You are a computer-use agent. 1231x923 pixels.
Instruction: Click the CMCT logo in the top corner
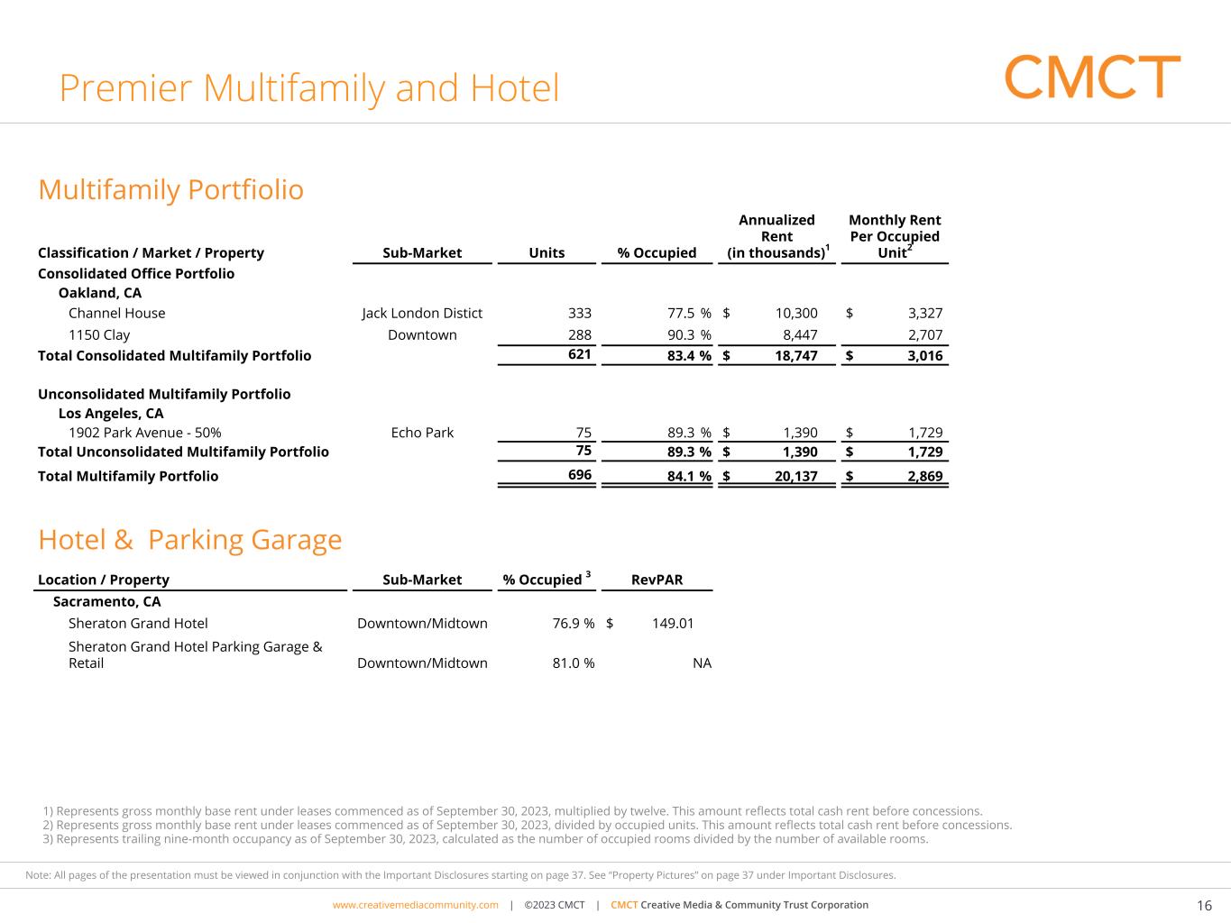1092,77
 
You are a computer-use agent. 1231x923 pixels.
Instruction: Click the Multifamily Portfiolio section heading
170,190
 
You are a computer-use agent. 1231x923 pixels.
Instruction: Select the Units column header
547,253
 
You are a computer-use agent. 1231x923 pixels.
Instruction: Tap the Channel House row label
117,314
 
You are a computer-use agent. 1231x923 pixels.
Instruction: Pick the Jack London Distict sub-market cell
422,314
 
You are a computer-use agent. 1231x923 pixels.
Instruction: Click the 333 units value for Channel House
580,314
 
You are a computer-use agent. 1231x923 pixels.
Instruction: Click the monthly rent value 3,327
925,314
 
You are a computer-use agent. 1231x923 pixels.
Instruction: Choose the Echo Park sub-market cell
422,433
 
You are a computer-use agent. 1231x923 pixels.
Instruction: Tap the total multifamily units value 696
580,475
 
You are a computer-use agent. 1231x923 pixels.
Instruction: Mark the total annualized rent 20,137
796,477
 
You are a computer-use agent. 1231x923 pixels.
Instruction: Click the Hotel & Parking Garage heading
189,540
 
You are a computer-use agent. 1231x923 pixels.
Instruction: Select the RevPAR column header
657,580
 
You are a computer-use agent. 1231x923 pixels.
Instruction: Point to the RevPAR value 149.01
673,624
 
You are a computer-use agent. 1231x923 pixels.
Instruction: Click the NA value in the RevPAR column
702,663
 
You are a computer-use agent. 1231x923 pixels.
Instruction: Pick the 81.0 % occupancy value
574,663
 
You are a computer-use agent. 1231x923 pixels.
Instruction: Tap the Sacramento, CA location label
107,602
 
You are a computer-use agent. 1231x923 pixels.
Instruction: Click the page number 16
1204,906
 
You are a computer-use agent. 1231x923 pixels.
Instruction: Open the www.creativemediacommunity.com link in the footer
415,905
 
